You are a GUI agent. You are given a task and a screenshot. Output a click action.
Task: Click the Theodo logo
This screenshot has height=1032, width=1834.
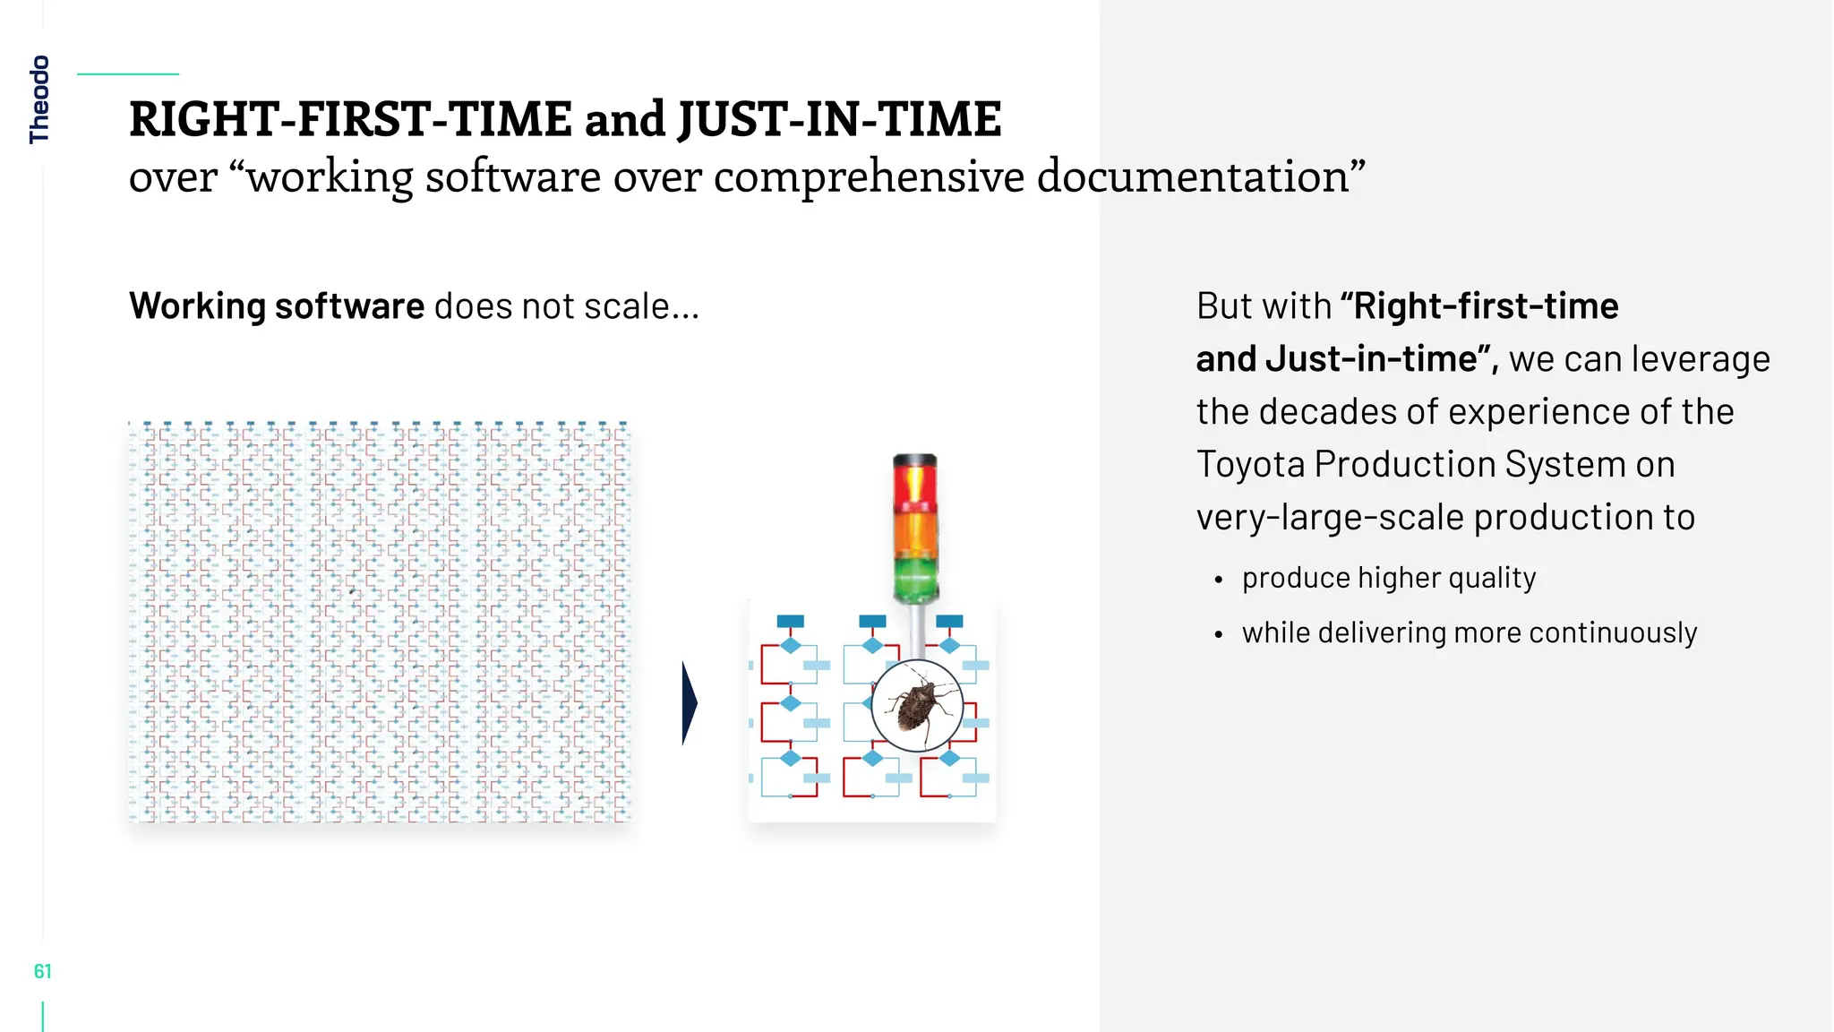click(39, 99)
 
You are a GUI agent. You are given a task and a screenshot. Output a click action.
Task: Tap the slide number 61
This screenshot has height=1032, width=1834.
click(42, 971)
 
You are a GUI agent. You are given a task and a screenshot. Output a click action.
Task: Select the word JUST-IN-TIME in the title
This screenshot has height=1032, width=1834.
click(839, 120)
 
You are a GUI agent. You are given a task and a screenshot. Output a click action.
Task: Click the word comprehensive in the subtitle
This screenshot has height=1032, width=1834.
click(869, 176)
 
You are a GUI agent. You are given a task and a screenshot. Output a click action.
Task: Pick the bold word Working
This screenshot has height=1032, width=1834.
click(197, 306)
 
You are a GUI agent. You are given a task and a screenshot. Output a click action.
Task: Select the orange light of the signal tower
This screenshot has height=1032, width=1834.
click(914, 535)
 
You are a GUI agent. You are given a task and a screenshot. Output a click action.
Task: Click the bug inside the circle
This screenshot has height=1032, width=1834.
click(917, 705)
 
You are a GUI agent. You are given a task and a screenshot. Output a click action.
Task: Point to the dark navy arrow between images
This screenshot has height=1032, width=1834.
click(689, 703)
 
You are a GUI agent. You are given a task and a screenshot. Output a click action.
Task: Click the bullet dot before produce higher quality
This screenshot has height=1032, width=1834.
click(1218, 580)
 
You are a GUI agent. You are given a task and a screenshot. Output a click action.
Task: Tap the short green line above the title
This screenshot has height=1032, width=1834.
click(128, 74)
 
